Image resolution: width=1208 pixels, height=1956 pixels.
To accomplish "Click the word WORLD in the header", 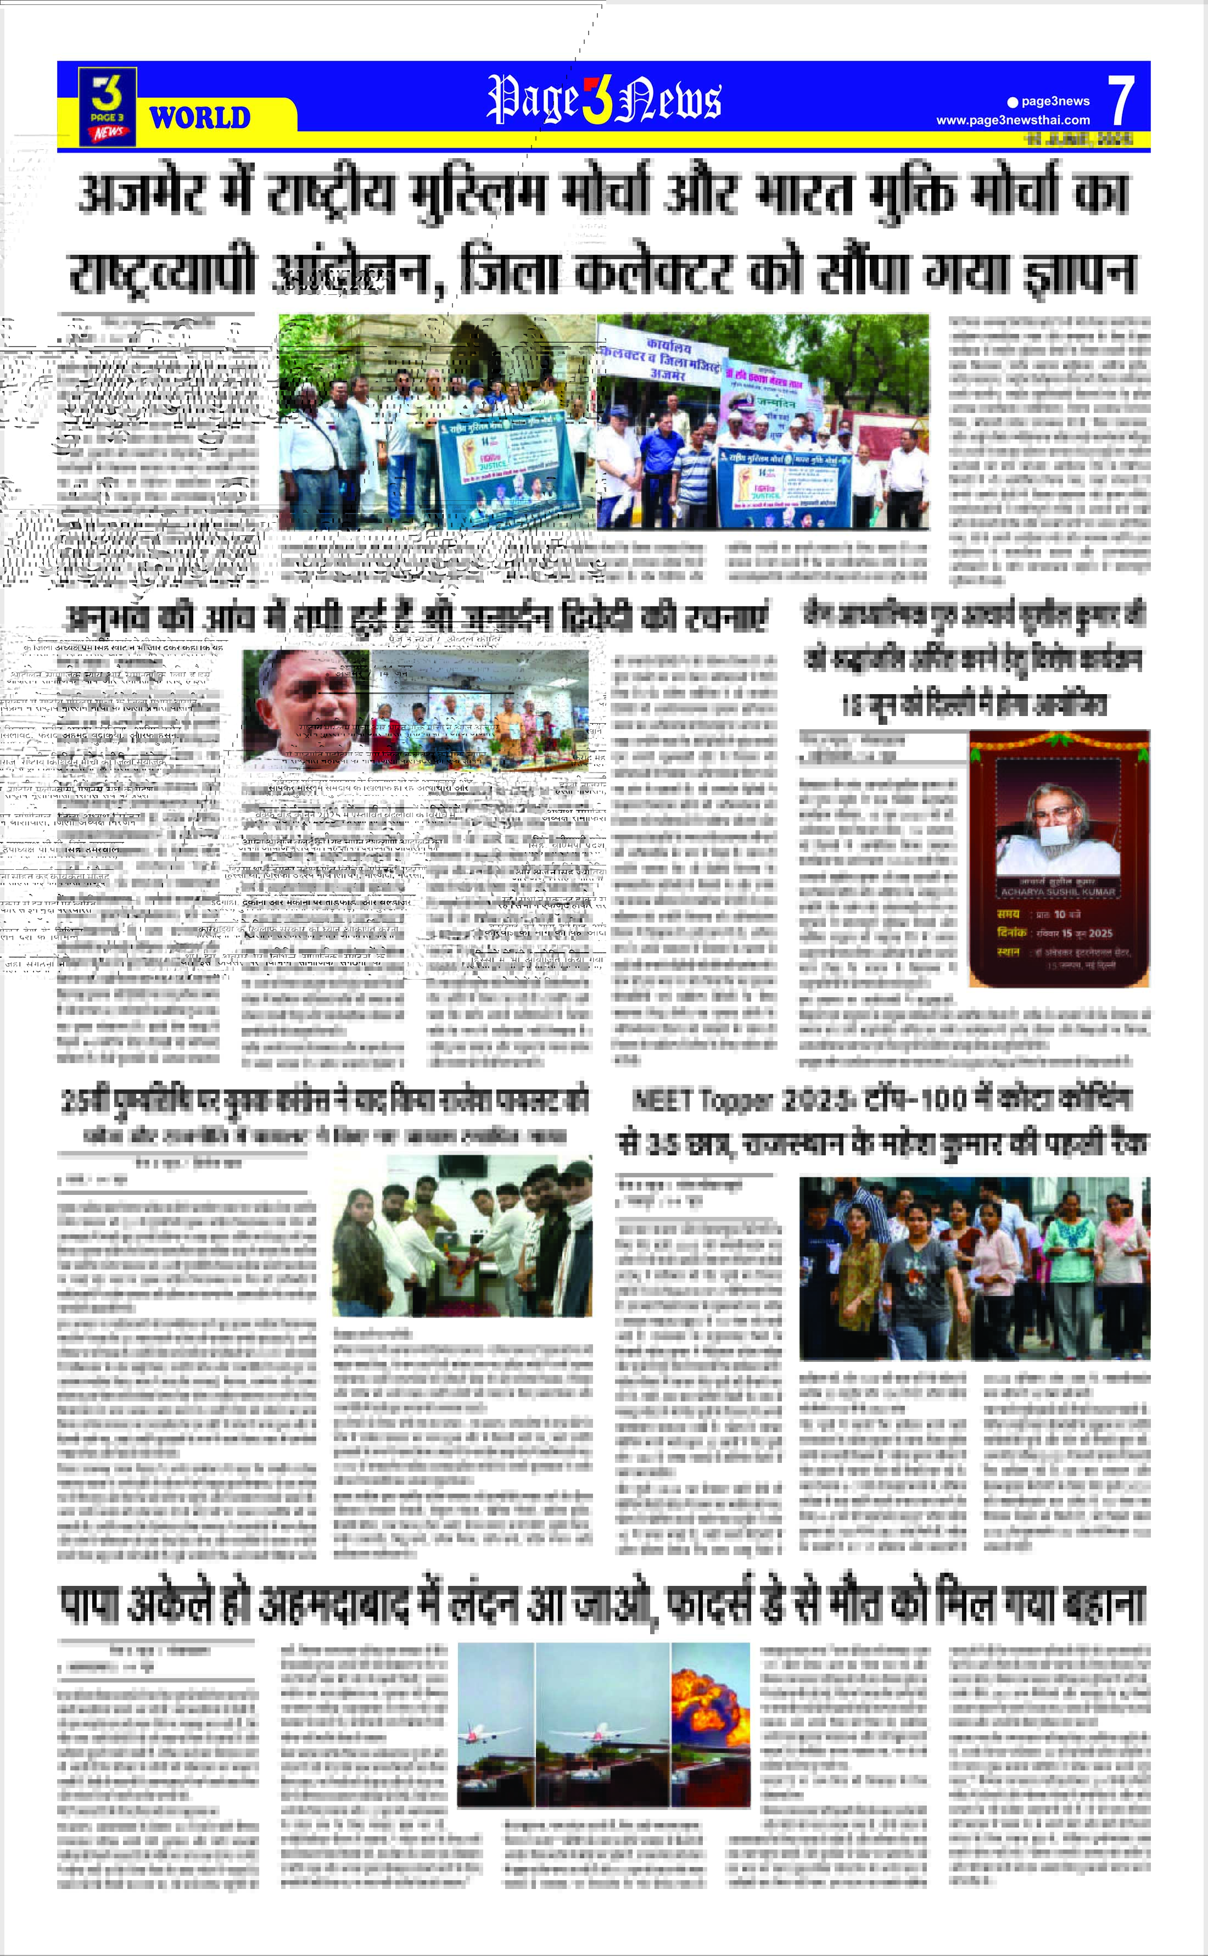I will click(200, 118).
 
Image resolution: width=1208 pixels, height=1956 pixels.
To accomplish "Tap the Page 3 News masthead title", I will click(604, 100).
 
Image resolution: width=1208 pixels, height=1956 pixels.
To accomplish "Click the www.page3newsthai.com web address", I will click(1013, 120).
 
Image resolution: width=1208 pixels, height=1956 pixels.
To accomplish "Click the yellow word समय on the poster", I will click(1008, 913).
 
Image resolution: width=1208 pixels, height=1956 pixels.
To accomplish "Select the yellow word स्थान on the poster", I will click(1008, 952).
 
